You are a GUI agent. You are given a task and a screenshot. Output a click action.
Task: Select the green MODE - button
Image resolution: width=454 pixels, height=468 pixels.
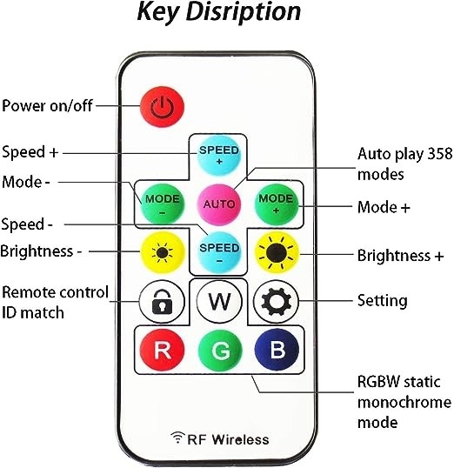click(161, 203)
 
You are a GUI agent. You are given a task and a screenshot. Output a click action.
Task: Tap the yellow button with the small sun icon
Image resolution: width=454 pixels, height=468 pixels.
click(161, 252)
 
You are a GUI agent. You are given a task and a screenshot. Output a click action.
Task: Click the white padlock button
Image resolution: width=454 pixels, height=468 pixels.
click(161, 302)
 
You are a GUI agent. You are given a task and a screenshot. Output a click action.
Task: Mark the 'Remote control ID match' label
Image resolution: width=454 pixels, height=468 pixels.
click(55, 301)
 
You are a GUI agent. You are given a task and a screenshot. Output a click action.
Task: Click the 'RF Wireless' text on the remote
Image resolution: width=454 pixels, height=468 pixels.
click(221, 438)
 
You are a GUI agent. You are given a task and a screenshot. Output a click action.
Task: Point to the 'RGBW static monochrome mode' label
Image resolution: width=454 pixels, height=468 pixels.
click(404, 403)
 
